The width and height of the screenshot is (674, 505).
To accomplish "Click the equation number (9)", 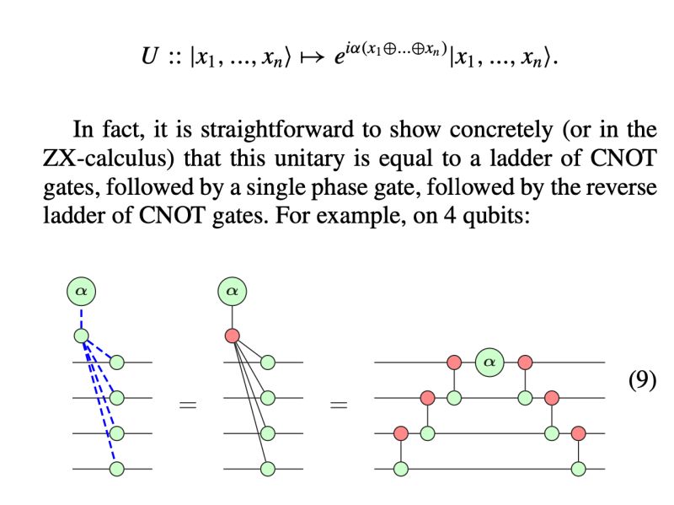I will [643, 379].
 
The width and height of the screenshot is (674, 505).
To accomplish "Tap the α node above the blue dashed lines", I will [82, 292].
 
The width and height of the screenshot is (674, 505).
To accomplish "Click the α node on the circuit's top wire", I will [489, 363].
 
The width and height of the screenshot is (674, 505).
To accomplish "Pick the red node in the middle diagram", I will [232, 336].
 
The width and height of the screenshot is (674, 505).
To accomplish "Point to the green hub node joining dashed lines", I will [82, 336].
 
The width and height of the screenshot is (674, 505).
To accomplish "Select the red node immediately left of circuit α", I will [454, 363].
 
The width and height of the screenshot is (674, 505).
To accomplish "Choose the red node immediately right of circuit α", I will [526, 363].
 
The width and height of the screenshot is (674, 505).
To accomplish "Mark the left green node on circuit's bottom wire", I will [401, 468].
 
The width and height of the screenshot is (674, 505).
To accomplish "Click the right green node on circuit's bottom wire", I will [578, 468].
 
